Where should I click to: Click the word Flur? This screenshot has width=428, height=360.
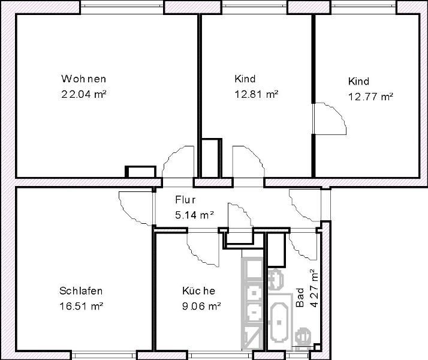185,200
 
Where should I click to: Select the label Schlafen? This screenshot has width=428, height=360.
81,291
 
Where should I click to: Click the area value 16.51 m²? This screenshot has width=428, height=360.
82,305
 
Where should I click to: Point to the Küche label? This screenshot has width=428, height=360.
198,291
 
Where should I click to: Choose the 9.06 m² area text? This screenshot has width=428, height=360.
202,305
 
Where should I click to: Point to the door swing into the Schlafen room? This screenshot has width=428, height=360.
134,208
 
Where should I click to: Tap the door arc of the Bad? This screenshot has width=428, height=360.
300,245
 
